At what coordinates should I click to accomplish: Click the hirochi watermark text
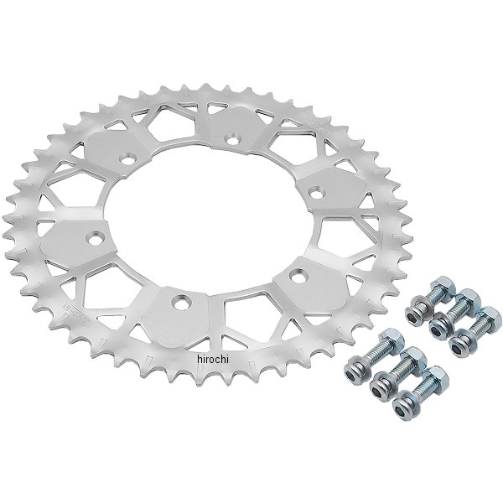[x=213, y=360]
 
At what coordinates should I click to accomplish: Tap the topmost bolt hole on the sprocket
[x=233, y=140]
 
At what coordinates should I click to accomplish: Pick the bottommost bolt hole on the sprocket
[x=180, y=302]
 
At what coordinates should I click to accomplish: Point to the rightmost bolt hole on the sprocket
[x=317, y=192]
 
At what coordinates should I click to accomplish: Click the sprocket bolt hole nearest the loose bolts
[x=298, y=275]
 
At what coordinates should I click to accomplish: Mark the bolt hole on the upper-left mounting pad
[x=128, y=158]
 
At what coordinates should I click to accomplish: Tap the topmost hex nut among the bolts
[x=443, y=287]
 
